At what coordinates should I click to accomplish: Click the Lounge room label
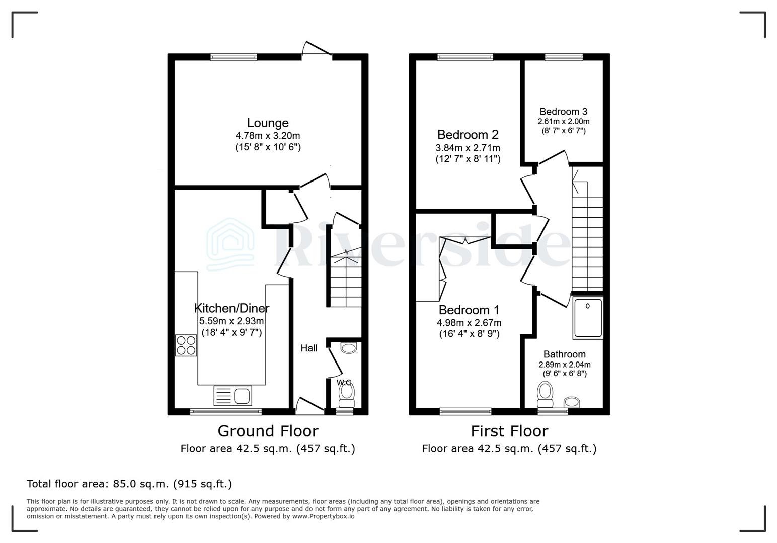(x=267, y=123)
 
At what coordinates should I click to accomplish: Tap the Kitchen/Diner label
(x=231, y=308)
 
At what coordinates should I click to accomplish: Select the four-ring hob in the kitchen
(x=186, y=345)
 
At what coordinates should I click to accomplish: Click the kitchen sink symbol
(x=233, y=395)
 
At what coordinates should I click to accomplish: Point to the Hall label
(x=309, y=348)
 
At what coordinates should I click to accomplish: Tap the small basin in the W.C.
(x=348, y=348)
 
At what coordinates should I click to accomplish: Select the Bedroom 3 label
(x=563, y=112)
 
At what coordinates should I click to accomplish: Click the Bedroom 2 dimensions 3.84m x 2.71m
(x=468, y=148)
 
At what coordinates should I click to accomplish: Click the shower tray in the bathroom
(x=587, y=318)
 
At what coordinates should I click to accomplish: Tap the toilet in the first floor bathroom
(x=545, y=395)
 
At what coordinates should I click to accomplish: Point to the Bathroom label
(x=564, y=354)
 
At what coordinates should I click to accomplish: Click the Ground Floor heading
(x=268, y=431)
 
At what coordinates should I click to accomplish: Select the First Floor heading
(x=509, y=431)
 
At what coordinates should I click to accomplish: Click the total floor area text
(x=129, y=484)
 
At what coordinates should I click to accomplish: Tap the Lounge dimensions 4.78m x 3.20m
(x=267, y=136)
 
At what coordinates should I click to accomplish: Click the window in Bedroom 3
(x=564, y=57)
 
